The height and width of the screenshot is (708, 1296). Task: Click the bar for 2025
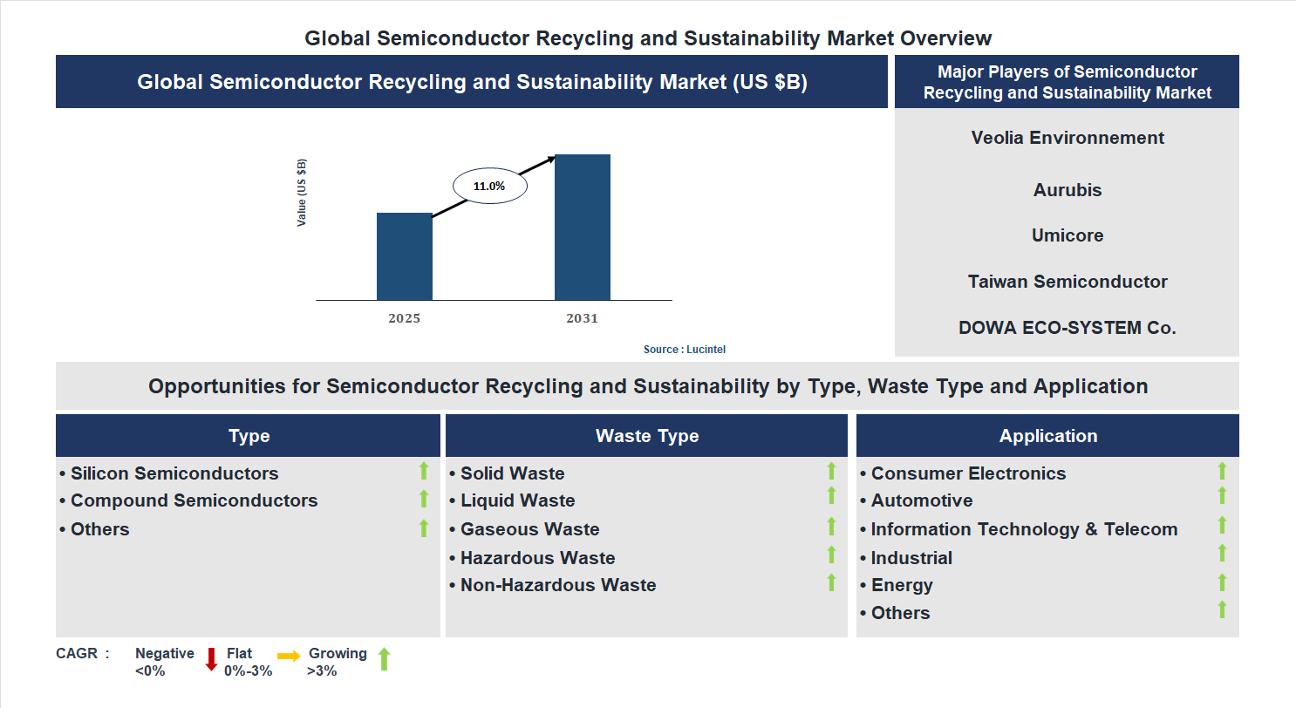[x=404, y=256]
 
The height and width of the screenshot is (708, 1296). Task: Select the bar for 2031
[x=582, y=228]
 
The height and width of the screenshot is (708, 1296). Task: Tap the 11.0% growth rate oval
[x=489, y=186]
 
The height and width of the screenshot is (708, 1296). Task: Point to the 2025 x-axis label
[x=404, y=318]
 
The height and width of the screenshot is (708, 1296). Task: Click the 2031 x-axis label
[x=582, y=318]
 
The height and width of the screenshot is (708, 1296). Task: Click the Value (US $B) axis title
[x=302, y=193]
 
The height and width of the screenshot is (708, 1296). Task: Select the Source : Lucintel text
[x=684, y=349]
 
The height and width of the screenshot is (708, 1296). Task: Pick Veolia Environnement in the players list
[x=1067, y=138]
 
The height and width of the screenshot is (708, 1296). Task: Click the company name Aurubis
[x=1067, y=190]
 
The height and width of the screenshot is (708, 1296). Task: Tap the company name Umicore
[x=1067, y=235]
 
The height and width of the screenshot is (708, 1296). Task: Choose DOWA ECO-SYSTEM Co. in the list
[x=1067, y=328]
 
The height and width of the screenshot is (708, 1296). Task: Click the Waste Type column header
[x=646, y=436]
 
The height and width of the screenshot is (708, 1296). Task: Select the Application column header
[x=1047, y=436]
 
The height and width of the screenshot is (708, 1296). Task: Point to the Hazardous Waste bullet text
[x=537, y=558]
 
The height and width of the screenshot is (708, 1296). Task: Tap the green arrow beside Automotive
[x=1222, y=496]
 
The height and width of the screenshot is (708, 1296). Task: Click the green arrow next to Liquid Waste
[x=831, y=496]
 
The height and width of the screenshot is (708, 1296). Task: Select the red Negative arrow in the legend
[x=211, y=659]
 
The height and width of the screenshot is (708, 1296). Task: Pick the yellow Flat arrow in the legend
[x=289, y=655]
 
